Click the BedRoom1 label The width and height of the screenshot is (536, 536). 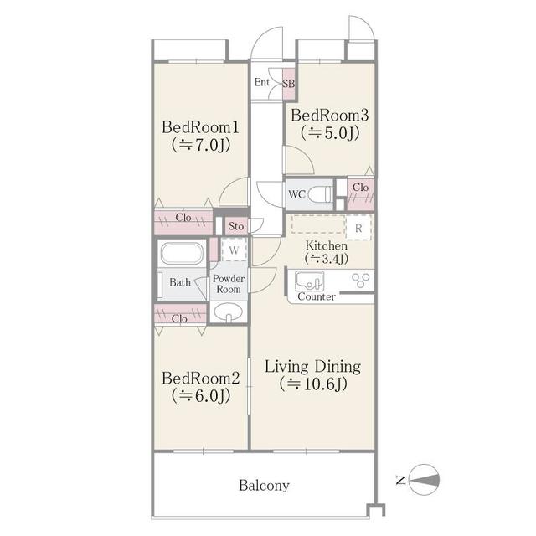(201, 127)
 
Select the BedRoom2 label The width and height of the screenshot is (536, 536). (201, 378)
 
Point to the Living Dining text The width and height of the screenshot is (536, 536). (312, 366)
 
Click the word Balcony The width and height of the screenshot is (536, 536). (264, 485)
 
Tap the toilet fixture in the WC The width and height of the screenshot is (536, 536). (319, 195)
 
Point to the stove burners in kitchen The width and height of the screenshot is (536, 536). (360, 281)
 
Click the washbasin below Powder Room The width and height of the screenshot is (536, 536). (227, 312)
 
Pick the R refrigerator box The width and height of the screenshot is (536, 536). (358, 227)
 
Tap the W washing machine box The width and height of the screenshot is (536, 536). (234, 250)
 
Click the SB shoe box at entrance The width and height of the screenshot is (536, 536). (288, 83)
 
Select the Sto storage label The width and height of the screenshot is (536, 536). (235, 225)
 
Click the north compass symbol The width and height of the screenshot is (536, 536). (425, 480)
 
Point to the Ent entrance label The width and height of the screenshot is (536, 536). (262, 83)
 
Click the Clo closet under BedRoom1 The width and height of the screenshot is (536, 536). (183, 218)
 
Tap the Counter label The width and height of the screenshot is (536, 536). (317, 296)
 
